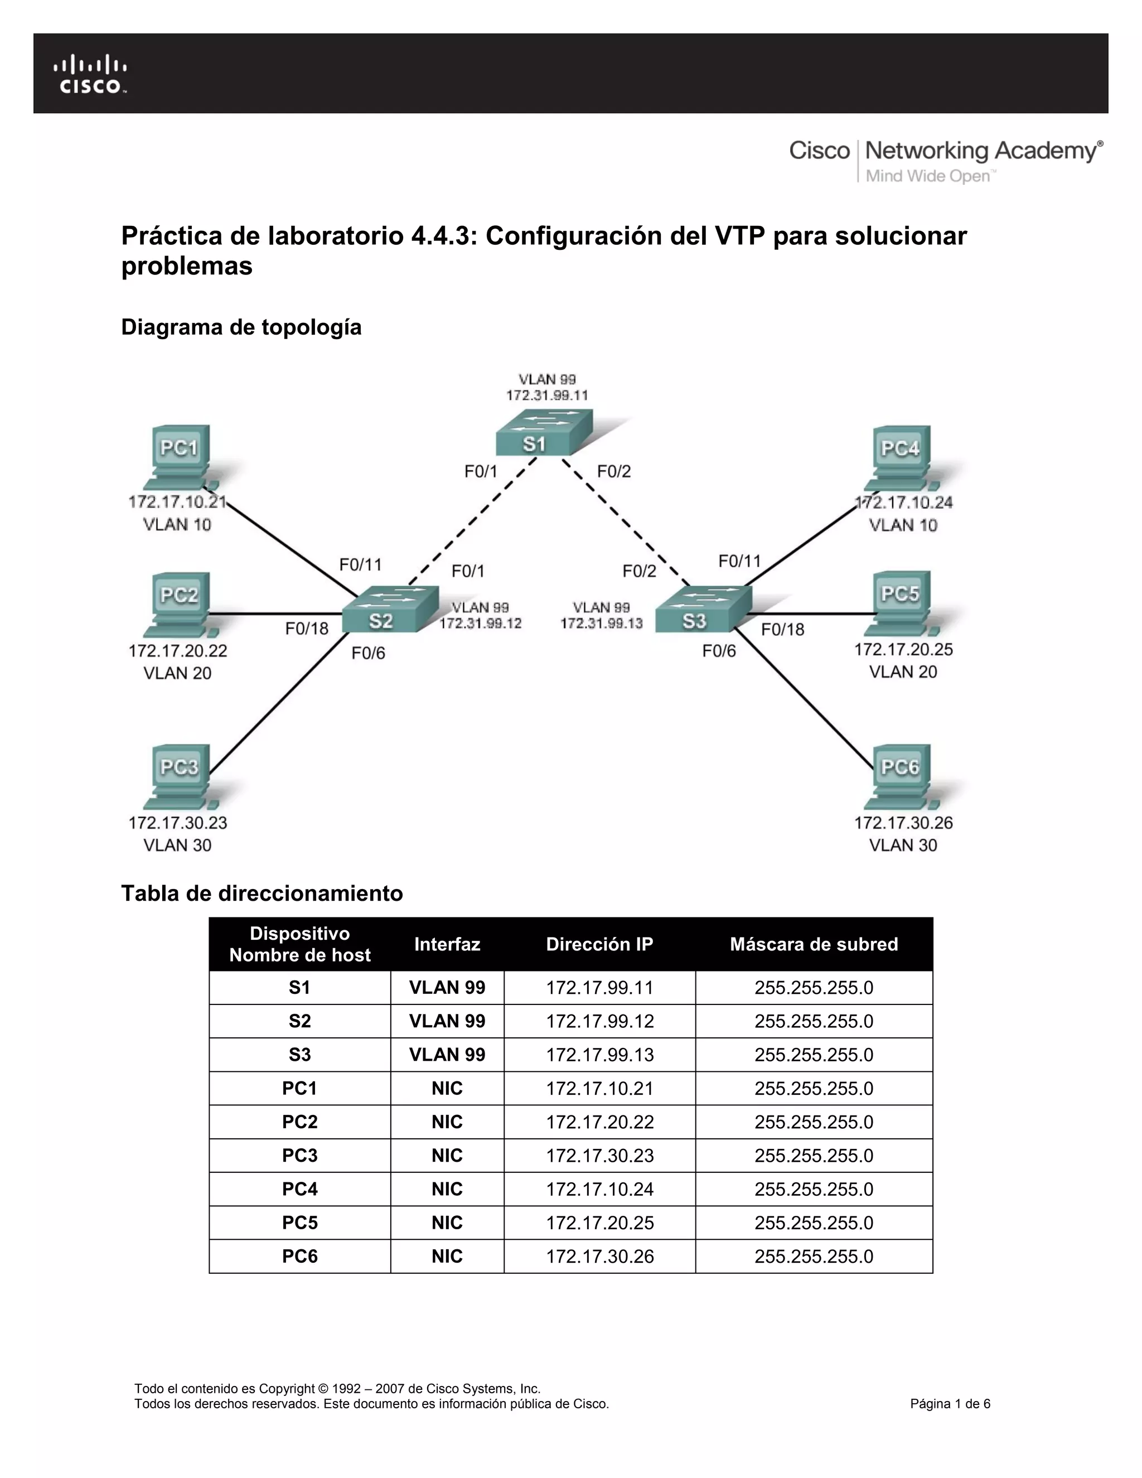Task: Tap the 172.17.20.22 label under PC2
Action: click(178, 651)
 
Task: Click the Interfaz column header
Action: click(447, 944)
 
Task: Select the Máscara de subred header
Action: click(814, 944)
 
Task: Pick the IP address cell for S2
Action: click(600, 1021)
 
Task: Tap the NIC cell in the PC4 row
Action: click(447, 1189)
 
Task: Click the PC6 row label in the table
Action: click(299, 1257)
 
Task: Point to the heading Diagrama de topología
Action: click(241, 327)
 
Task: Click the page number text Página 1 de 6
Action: click(950, 1404)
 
